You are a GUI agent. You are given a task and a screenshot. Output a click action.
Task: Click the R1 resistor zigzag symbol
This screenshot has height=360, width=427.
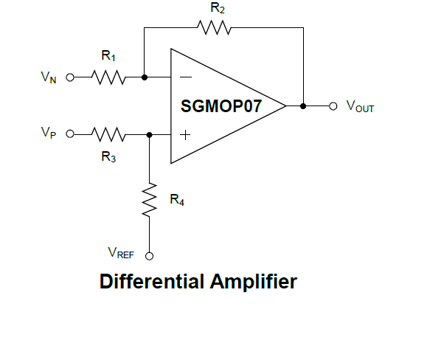pyautogui.click(x=108, y=77)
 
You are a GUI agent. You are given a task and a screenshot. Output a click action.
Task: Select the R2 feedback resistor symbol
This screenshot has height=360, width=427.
pyautogui.click(x=214, y=27)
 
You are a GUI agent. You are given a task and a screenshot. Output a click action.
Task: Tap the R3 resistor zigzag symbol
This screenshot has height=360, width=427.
pyautogui.click(x=108, y=134)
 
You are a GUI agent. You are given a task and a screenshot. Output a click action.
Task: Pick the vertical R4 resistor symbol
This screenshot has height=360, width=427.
pyautogui.click(x=149, y=200)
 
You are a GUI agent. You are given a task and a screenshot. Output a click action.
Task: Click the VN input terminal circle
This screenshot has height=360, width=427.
pyautogui.click(x=70, y=77)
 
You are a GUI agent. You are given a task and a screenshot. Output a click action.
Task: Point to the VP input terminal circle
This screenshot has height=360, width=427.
pyautogui.click(x=70, y=134)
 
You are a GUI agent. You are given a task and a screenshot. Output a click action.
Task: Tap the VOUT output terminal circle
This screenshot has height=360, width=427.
pyautogui.click(x=333, y=106)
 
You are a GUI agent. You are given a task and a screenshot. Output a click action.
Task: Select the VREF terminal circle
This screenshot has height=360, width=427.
pyautogui.click(x=149, y=256)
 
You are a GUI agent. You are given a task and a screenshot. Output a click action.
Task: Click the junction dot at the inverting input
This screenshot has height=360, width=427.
pyautogui.click(x=145, y=77)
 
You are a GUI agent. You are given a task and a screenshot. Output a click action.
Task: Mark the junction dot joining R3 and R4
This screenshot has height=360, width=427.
pyautogui.click(x=149, y=134)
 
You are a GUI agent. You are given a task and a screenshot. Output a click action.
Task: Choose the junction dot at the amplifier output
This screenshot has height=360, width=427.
pyautogui.click(x=303, y=106)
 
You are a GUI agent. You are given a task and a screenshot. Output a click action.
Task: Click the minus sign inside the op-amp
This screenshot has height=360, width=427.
pyautogui.click(x=186, y=77)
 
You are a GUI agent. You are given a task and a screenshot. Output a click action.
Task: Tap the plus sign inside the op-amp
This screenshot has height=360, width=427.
pyautogui.click(x=185, y=135)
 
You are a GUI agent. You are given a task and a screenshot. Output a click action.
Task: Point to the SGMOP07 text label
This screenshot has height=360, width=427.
pyautogui.click(x=221, y=106)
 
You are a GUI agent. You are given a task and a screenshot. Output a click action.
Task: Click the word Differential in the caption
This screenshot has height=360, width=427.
pyautogui.click(x=152, y=281)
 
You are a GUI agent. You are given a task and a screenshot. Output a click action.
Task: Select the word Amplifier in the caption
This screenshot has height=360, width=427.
pyautogui.click(x=254, y=281)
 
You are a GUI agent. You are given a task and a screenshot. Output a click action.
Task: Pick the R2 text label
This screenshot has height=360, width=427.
pyautogui.click(x=218, y=8)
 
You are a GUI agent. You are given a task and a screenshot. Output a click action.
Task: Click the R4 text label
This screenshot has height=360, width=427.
pyautogui.click(x=177, y=200)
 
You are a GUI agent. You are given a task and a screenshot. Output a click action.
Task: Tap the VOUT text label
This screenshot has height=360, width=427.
pyautogui.click(x=360, y=106)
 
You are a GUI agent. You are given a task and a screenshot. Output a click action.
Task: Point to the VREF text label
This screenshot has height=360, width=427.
pyautogui.click(x=121, y=253)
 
